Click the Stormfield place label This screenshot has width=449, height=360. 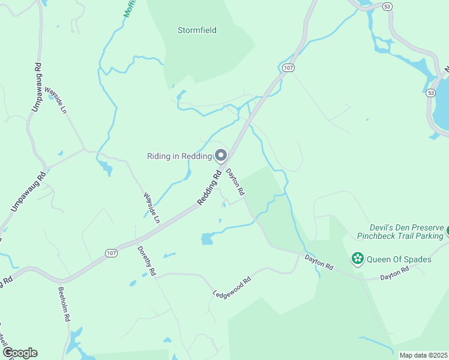[197, 30]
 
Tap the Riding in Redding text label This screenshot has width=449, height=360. [179, 156]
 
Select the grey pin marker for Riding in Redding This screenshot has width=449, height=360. [221, 155]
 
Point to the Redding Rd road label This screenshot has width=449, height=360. [210, 188]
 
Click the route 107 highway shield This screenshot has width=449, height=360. [289, 68]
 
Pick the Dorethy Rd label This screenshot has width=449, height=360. [146, 260]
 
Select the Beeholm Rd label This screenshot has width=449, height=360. [62, 305]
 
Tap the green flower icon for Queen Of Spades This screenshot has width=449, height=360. [358, 259]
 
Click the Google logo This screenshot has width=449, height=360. [20, 353]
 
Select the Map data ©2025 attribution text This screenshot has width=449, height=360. [423, 355]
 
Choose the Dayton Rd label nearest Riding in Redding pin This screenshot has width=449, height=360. [235, 182]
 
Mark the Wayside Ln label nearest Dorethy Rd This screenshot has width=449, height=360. [151, 208]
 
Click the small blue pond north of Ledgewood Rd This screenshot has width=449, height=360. [207, 239]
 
